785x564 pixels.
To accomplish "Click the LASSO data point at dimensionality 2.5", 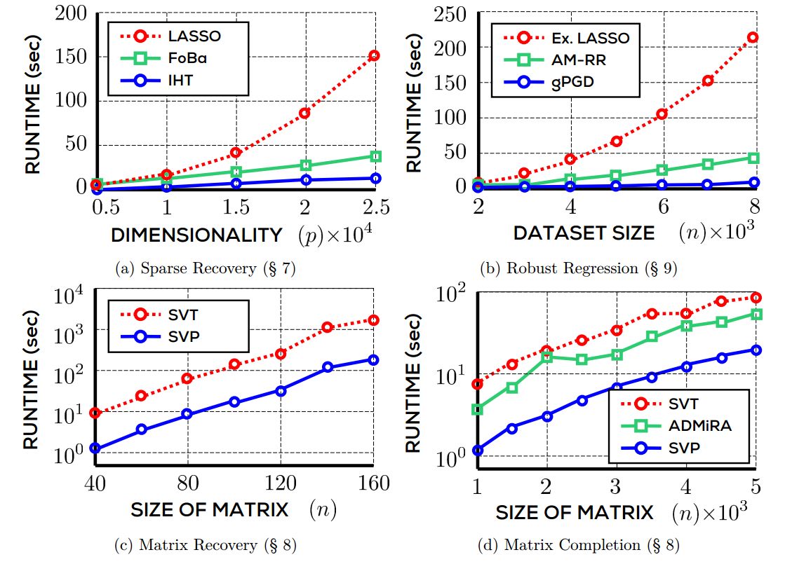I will pos(374,55).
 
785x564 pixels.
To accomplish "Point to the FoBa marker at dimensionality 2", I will pos(305,165).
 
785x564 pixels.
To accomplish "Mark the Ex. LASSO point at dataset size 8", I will pos(753,37).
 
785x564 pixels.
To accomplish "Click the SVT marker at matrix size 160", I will pos(374,320).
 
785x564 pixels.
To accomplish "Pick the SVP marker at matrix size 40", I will pos(95,448).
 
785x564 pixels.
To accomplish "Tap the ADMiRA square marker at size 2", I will pos(547,357).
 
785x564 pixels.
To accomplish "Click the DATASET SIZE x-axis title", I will pos(584,233).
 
